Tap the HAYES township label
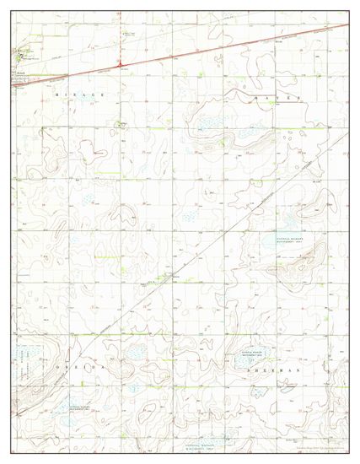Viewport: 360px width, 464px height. [277, 99]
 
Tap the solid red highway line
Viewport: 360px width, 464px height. [211, 46]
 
